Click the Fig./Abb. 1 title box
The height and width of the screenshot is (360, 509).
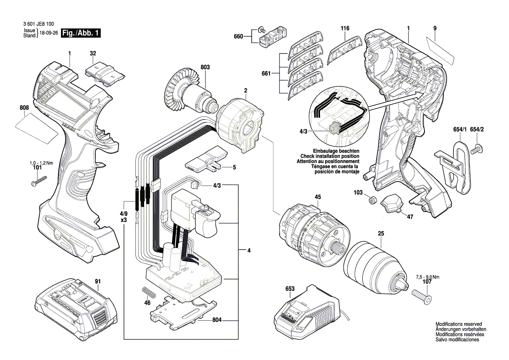[82, 33]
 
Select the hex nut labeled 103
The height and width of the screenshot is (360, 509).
[372, 200]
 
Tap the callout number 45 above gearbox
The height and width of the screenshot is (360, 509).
[317, 197]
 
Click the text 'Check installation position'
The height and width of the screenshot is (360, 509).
[330, 156]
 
